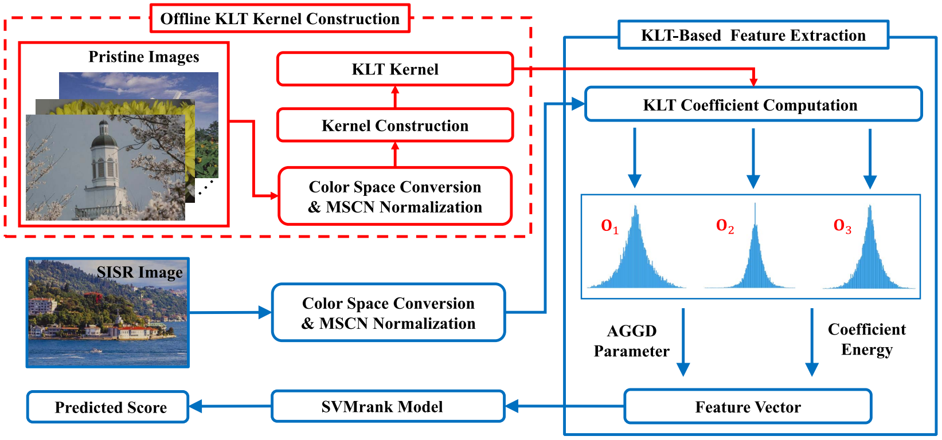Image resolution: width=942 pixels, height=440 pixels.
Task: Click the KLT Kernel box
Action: pyautogui.click(x=395, y=69)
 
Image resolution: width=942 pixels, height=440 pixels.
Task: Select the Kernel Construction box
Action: pyautogui.click(x=395, y=125)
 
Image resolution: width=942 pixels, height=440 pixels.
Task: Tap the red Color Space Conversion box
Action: pyautogui.click(x=395, y=197)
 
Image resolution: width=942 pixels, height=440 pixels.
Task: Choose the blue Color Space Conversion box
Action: pyautogui.click(x=389, y=313)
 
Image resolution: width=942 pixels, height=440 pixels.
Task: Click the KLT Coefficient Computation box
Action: pyautogui.click(x=753, y=105)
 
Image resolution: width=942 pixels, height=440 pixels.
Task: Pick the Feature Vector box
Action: pyautogui.click(x=748, y=407)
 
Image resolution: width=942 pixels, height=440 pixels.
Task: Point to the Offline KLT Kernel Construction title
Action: pyautogui.click(x=280, y=19)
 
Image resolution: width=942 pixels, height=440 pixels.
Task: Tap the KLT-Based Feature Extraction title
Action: pyautogui.click(x=753, y=36)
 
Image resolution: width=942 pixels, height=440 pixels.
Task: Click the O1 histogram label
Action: pyautogui.click(x=609, y=227)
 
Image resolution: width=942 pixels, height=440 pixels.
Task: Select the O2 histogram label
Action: pyautogui.click(x=725, y=226)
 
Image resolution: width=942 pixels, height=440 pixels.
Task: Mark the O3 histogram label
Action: pyautogui.click(x=842, y=226)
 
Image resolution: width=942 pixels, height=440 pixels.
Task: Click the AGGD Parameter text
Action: pyautogui.click(x=631, y=341)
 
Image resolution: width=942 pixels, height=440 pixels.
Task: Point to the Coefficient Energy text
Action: pyautogui.click(x=867, y=340)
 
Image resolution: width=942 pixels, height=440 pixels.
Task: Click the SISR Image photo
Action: pyautogui.click(x=108, y=313)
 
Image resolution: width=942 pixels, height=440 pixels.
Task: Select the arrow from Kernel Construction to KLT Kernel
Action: pyautogui.click(x=395, y=97)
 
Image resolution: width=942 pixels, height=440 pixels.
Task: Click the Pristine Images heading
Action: pyautogui.click(x=144, y=57)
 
